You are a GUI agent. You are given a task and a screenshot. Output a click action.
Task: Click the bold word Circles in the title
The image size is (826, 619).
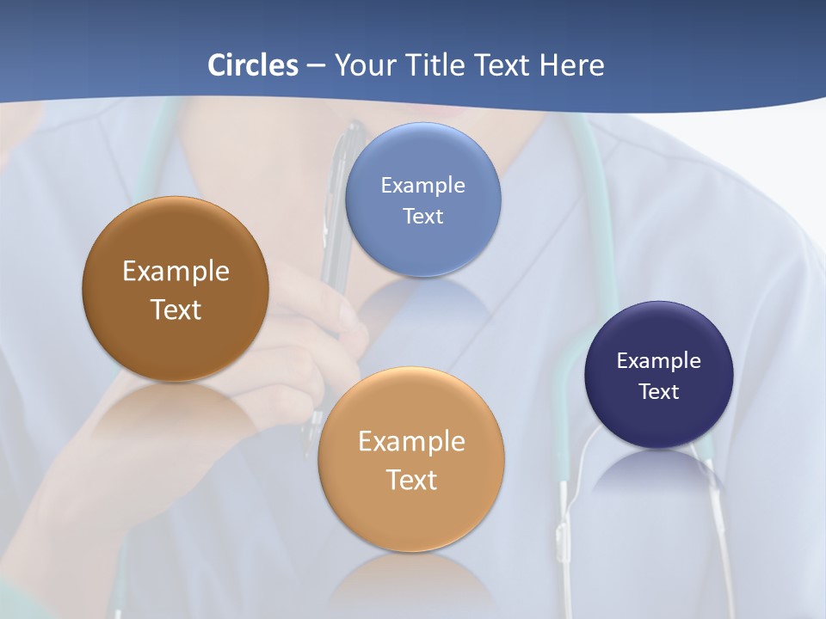252,64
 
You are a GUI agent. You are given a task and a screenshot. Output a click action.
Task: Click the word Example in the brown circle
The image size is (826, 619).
176,272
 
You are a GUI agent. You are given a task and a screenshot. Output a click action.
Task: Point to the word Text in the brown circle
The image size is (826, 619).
176,309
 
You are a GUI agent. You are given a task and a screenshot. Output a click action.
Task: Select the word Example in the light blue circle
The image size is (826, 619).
423,186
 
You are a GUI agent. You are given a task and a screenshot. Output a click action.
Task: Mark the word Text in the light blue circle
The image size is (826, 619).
423,217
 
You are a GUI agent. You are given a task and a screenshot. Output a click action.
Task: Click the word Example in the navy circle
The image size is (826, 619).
659,361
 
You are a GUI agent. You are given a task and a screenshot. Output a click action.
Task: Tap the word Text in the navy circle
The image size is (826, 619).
659,392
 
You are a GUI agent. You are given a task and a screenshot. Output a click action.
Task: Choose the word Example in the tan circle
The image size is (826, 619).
411,442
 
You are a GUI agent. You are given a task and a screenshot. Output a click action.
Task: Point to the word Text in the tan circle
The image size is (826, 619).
411,480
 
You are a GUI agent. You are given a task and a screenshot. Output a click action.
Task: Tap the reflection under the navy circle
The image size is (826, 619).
659,469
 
